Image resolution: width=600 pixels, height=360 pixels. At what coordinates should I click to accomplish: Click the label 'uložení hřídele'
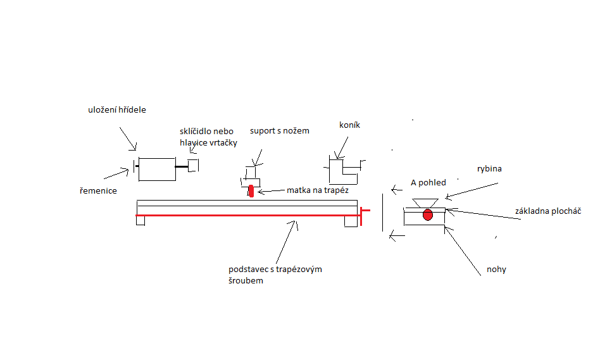coord(117,110)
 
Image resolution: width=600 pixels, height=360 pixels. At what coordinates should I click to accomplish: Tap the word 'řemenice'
coord(98,190)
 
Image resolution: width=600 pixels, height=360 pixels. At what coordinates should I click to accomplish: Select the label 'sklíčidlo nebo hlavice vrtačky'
coord(208,137)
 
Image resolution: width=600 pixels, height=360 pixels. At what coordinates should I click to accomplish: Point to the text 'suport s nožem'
coord(279,131)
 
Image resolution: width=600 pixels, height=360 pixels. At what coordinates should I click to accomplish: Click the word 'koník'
coord(349,125)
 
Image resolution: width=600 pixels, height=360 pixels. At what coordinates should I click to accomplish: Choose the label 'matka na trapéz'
coord(317,190)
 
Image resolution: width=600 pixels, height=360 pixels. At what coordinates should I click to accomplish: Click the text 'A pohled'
coord(428,183)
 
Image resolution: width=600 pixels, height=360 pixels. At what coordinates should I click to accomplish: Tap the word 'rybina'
coord(489,169)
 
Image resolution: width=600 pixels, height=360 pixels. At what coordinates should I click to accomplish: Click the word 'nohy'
coord(496,270)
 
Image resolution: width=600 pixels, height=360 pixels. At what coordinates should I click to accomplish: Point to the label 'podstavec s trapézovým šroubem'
coord(275,275)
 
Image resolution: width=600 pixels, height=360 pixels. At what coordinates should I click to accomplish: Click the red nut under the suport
coord(251,190)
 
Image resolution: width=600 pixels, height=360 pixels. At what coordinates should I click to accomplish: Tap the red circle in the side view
coord(428,214)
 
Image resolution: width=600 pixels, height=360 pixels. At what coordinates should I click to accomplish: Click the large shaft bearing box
coord(156,169)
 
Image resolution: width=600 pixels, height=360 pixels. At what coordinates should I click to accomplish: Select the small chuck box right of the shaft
coord(194,165)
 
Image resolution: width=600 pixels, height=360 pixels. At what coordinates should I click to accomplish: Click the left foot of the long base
coord(141,221)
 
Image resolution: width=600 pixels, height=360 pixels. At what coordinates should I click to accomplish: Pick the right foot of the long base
coord(350,221)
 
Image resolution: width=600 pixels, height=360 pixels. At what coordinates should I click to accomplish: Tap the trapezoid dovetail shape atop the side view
coord(425,202)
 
